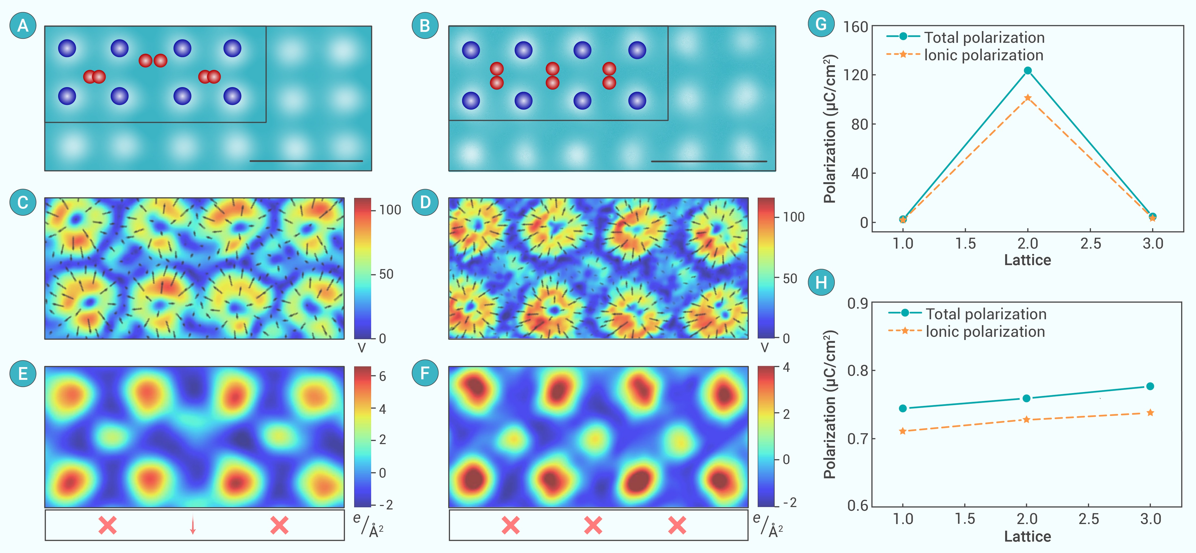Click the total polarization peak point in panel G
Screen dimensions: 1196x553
1027,71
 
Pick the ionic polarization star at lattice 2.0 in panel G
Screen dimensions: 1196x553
1027,97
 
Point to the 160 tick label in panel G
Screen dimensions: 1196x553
856,27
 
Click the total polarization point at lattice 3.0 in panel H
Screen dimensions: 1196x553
1150,386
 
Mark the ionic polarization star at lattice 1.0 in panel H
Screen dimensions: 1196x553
903,431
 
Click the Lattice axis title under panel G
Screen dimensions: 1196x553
1027,260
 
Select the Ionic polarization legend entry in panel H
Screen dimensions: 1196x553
967,331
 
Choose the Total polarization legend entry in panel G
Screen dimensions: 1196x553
966,37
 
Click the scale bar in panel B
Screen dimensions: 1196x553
709,161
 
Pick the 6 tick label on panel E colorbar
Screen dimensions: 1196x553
383,376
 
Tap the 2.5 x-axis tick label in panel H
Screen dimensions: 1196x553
1089,519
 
